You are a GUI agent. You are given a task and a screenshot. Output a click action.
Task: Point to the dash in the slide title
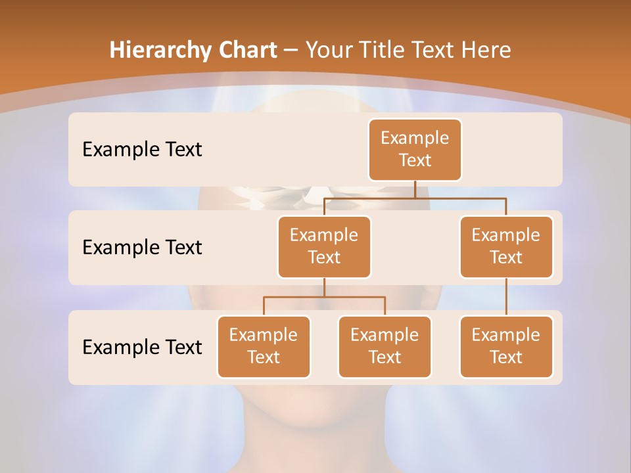coord(291,51)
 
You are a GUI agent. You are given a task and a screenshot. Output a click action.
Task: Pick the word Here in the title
coord(486,51)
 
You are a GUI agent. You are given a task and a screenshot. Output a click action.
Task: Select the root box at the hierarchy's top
coord(415,149)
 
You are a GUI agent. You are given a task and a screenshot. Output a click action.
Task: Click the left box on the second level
coord(324,246)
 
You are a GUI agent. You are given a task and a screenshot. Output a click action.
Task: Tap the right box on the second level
coord(506,246)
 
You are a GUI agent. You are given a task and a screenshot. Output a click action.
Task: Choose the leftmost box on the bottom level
coord(264,346)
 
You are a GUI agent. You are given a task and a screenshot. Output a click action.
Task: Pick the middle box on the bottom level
coord(385,346)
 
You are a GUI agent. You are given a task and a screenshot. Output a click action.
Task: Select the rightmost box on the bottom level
coord(506,346)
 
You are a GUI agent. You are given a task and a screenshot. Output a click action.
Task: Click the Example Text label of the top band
coord(142,150)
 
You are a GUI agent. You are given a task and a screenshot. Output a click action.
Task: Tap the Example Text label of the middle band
coord(142,248)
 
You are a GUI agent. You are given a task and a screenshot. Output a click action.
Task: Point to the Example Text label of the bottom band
coord(142,347)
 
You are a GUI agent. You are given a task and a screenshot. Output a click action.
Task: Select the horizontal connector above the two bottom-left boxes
coord(324,297)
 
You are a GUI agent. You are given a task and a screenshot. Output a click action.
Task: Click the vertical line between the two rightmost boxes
coord(506,297)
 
